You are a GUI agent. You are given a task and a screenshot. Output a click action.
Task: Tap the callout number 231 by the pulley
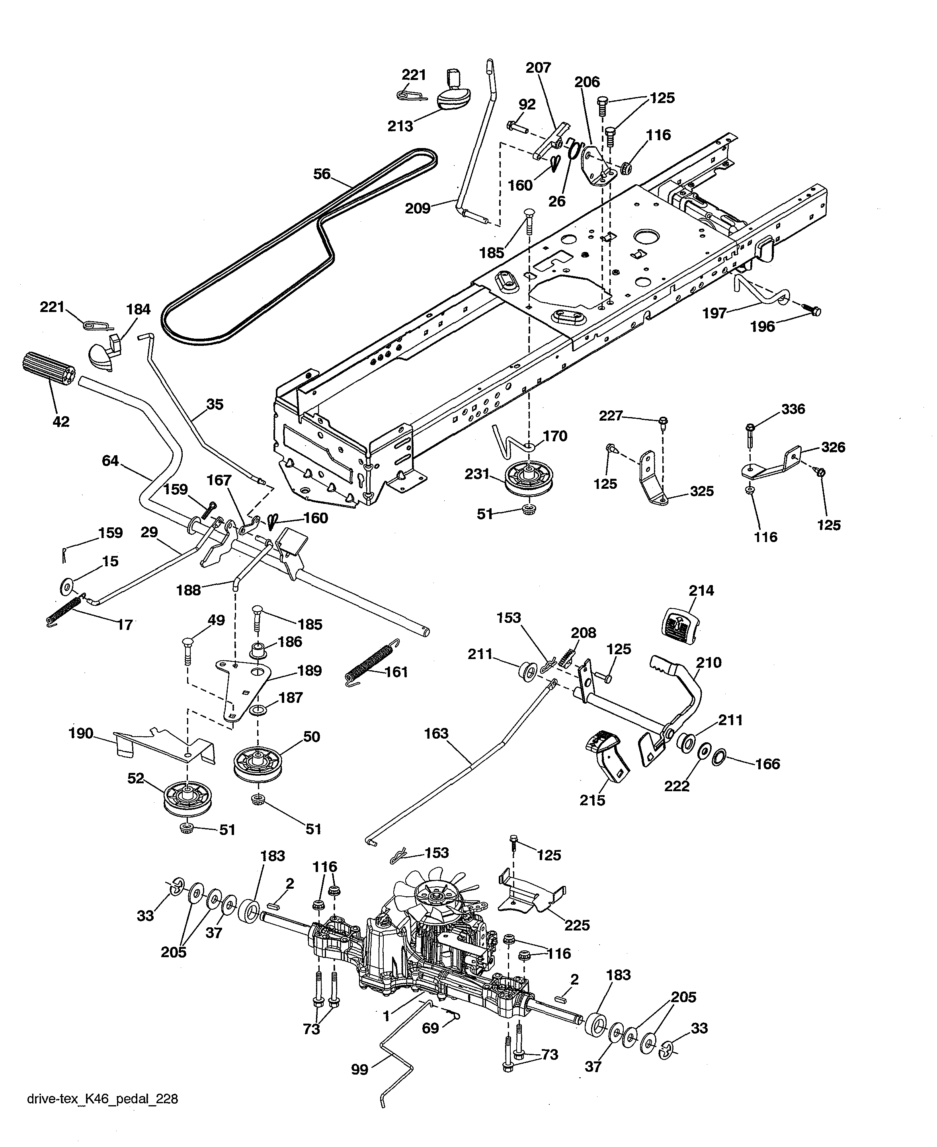(x=477, y=474)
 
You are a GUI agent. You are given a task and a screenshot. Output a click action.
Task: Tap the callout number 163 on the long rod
(x=436, y=733)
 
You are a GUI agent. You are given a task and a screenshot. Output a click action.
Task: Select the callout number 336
(x=793, y=409)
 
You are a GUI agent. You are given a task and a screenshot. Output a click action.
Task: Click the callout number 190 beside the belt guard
(x=81, y=733)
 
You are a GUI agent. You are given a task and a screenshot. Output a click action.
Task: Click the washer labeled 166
(x=720, y=757)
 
